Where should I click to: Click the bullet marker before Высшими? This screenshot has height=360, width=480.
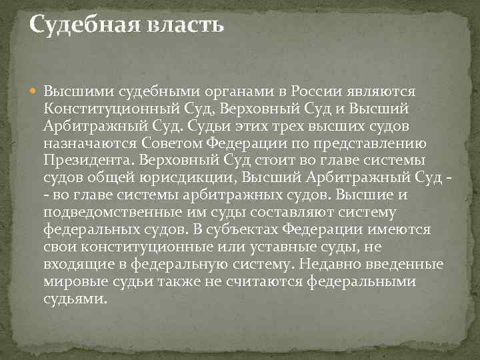coord(35,91)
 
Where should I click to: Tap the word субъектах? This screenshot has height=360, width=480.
coord(237,229)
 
